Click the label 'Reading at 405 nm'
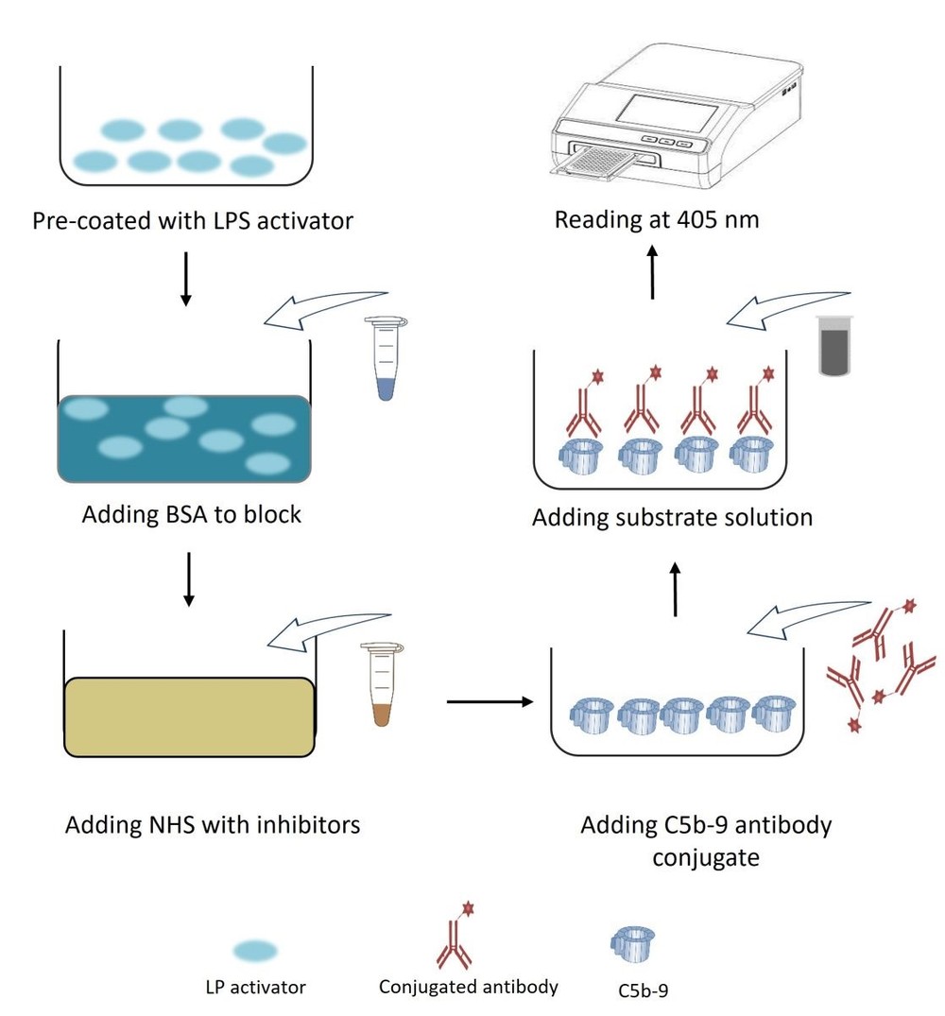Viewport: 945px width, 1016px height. point(657,220)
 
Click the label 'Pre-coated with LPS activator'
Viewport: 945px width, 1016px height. point(193,222)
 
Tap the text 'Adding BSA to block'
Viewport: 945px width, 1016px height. point(192,515)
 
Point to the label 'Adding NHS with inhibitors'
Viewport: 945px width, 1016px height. point(213,824)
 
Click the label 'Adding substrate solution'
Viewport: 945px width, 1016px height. point(673,518)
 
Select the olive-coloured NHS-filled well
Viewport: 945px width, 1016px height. point(188,716)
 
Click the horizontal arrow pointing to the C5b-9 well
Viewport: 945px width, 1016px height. point(489,701)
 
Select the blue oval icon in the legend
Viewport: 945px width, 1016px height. point(254,950)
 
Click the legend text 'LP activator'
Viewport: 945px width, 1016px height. point(255,988)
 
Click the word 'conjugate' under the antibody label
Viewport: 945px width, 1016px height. point(706,858)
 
